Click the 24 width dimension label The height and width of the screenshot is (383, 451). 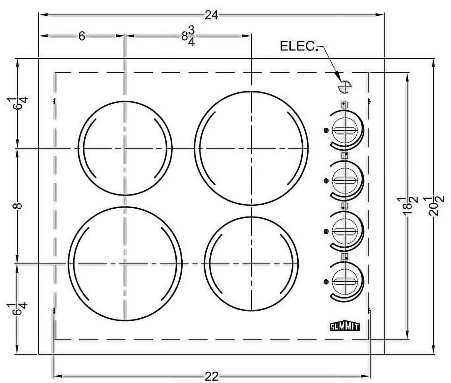coord(211,16)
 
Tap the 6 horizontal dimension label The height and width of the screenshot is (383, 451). coord(82,36)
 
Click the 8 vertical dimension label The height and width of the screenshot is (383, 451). coord(18,206)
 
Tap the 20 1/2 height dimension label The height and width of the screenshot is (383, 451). coord(433,206)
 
